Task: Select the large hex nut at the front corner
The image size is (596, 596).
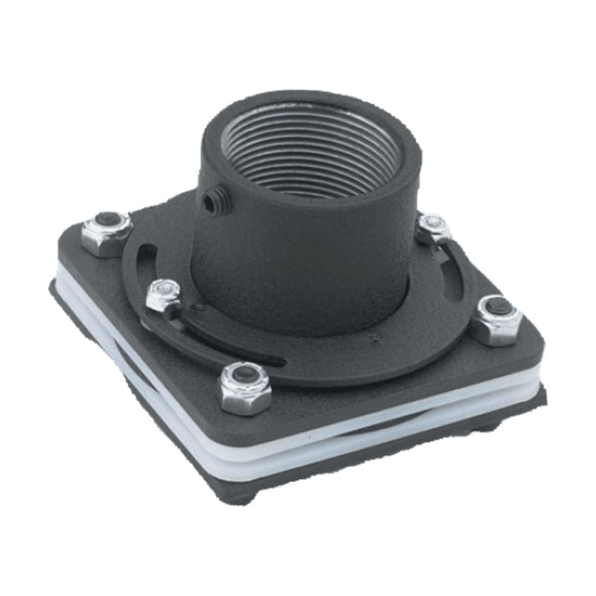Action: pos(245,387)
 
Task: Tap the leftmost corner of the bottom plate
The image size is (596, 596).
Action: pos(56,287)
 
